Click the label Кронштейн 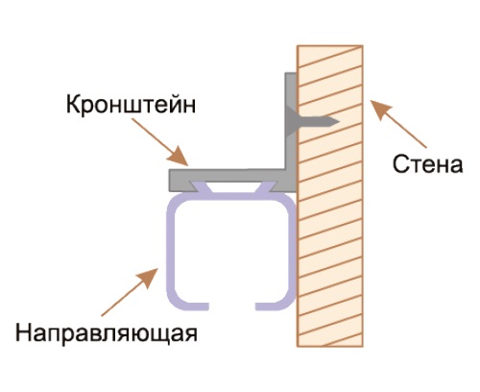(131, 105)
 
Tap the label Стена (427, 164)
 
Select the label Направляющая (107, 333)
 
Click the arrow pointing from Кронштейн (159, 142)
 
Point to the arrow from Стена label (398, 124)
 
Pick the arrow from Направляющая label (130, 292)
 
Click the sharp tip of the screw (339, 121)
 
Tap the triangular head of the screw (292, 121)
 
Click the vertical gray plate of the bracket (291, 128)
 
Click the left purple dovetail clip (201, 186)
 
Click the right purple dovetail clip (266, 186)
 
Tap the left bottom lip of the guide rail (192, 306)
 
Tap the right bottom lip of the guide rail (272, 306)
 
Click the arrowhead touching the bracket (179, 157)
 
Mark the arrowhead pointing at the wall (380, 109)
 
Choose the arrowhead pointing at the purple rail (149, 278)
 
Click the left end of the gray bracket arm (169, 181)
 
